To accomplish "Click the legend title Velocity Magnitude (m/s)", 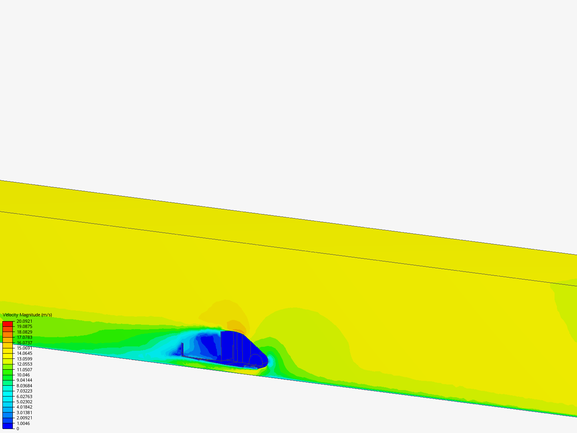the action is (27, 315).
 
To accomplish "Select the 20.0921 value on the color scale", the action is (24, 321).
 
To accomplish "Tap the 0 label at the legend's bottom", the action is (18, 429).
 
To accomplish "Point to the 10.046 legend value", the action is (23, 375).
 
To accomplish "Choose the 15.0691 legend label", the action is (24, 348).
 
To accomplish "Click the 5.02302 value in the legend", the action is (24, 402).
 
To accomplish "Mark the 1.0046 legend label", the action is (23, 423).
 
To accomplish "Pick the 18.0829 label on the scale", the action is (24, 332).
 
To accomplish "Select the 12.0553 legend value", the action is (24, 364).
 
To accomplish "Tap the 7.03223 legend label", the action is (24, 391).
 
